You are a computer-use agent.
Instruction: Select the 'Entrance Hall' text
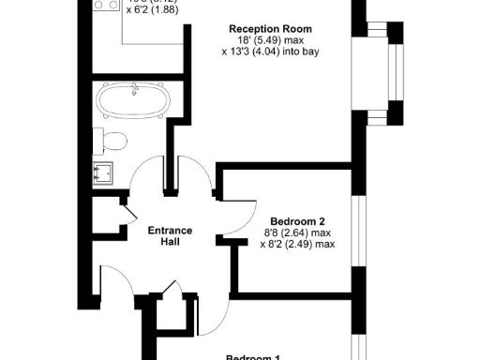point(171,235)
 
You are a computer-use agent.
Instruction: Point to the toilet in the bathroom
point(112,142)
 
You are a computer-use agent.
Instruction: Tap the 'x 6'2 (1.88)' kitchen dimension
point(157,10)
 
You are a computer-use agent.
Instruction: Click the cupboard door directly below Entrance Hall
point(170,291)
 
